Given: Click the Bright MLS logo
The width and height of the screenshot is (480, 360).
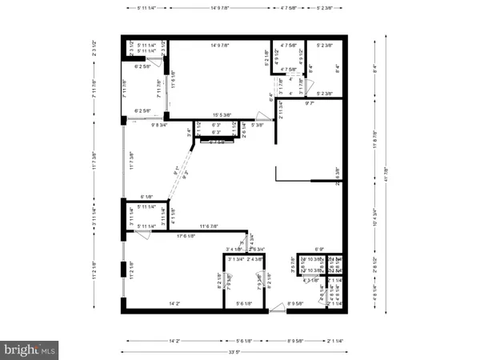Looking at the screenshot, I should [30, 349].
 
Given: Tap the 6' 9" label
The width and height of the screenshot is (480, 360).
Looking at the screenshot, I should [320, 249].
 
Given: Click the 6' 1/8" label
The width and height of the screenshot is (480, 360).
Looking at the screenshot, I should [146, 197].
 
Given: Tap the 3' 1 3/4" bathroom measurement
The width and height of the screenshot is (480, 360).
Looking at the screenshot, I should [235, 260].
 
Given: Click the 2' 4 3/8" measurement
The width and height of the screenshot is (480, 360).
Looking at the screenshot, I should [255, 260].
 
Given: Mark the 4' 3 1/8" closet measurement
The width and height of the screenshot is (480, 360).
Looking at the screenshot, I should [311, 280].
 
